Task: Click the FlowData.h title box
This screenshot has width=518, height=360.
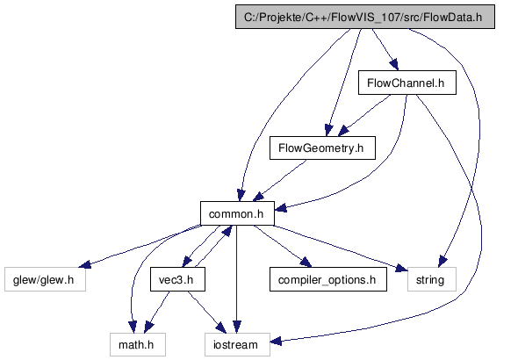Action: (x=365, y=17)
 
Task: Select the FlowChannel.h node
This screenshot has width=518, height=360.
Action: (x=407, y=83)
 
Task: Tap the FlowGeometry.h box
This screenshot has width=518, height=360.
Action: (x=322, y=148)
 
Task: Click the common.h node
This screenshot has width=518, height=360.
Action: (x=237, y=213)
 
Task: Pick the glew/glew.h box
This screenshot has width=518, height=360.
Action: (x=45, y=279)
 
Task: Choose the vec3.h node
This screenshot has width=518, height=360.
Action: (x=177, y=279)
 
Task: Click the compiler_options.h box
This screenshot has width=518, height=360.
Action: (x=328, y=279)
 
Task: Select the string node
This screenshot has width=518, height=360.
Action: (x=432, y=279)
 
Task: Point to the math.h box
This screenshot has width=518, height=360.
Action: (x=138, y=345)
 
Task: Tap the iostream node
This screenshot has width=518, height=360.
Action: (x=237, y=345)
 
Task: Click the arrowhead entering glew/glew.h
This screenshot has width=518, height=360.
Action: (x=85, y=264)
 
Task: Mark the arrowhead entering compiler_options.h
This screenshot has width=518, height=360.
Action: (x=306, y=263)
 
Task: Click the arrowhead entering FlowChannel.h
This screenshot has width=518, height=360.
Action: (x=394, y=64)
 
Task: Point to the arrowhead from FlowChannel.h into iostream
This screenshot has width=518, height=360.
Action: (x=276, y=341)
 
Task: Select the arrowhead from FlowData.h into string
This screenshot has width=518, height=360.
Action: (x=442, y=262)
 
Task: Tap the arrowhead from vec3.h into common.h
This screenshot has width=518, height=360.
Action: (x=227, y=231)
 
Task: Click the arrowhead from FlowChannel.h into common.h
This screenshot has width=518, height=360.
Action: (x=280, y=208)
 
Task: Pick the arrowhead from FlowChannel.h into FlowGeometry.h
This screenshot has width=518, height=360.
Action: (x=343, y=131)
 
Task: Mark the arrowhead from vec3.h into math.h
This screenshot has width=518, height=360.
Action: (x=148, y=328)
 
